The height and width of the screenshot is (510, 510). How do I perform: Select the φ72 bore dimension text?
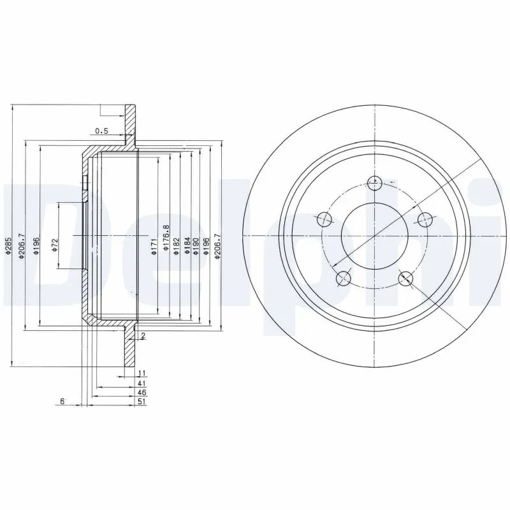click(x=55, y=245)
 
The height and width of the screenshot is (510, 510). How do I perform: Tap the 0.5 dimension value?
click(x=101, y=131)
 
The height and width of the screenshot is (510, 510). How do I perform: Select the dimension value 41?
click(x=142, y=382)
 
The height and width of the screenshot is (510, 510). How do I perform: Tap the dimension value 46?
click(x=142, y=393)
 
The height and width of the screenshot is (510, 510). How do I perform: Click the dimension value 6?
click(x=62, y=402)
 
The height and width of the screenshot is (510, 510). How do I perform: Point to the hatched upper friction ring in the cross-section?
click(x=130, y=124)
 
